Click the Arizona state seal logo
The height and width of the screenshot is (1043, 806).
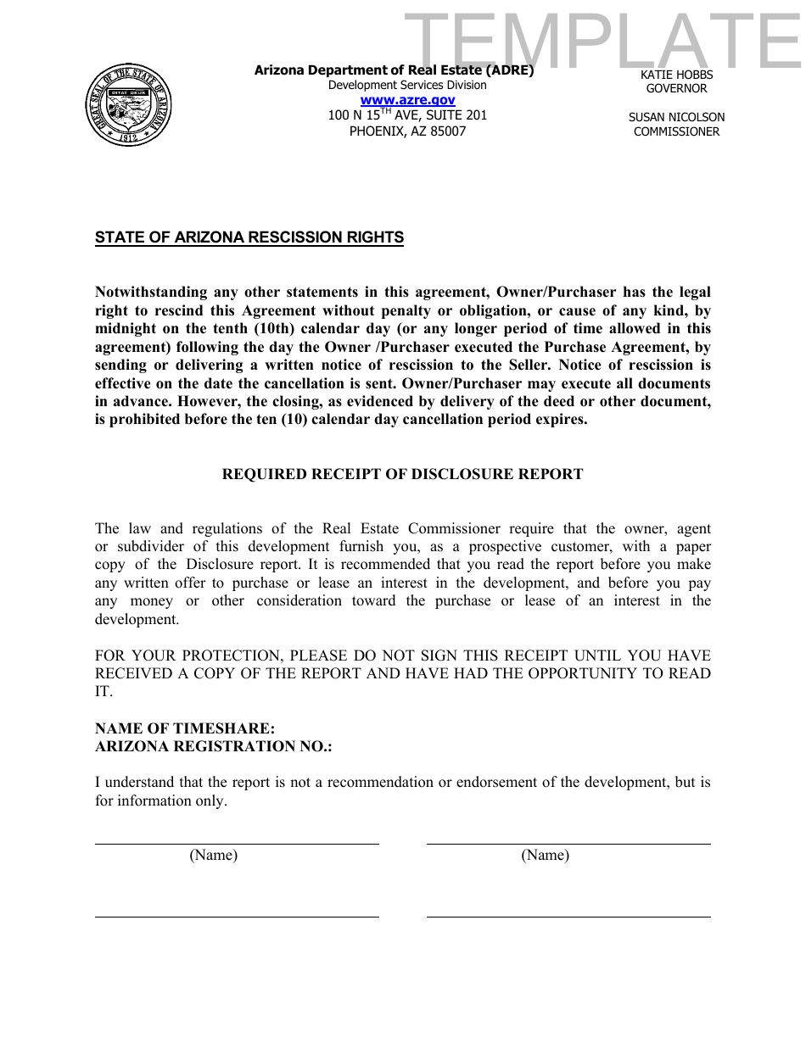pos(128,104)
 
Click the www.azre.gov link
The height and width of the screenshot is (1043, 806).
pos(407,100)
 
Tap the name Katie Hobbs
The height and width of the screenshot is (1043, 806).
pos(676,75)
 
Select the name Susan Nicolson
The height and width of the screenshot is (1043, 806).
pos(676,117)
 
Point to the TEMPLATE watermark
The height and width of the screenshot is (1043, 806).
pos(602,42)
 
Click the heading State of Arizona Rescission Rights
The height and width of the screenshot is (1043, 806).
pos(249,237)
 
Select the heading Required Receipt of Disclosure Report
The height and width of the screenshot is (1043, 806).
pos(402,474)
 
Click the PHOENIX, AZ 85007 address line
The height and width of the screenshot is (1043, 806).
pos(407,131)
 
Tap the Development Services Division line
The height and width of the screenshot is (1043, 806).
pos(407,85)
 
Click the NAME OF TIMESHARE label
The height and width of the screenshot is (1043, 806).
pos(185,728)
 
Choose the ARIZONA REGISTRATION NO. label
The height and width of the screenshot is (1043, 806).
pos(214,746)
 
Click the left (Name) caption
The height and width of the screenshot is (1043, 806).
pos(213,855)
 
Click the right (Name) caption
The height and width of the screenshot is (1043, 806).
pos(545,855)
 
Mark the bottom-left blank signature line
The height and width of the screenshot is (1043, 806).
pos(237,916)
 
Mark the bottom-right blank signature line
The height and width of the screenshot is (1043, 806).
pos(568,916)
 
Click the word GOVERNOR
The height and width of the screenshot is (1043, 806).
pos(676,88)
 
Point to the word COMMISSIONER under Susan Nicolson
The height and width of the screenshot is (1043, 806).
pos(676,131)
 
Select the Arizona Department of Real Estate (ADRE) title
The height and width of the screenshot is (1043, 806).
pos(394,70)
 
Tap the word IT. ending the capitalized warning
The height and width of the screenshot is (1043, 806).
pos(104,692)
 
